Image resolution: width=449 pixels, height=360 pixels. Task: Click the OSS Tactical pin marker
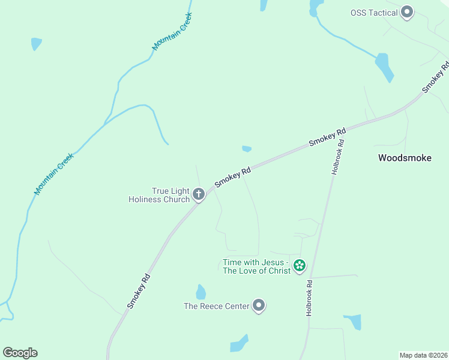coord(408,13)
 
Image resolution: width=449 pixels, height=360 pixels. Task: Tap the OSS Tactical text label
coord(374,13)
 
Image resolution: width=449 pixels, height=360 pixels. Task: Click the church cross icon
coord(199,194)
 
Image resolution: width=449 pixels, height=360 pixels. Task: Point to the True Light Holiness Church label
coord(159,195)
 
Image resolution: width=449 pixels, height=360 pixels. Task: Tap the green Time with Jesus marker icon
coord(300,265)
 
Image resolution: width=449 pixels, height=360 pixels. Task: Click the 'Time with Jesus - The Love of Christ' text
coord(256,266)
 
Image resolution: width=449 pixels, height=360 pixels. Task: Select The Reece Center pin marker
coord(259,306)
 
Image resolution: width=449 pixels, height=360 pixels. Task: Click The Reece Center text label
coord(216,306)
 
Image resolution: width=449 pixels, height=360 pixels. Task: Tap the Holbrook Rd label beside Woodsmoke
coord(340,157)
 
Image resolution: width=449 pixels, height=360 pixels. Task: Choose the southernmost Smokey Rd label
coord(137,292)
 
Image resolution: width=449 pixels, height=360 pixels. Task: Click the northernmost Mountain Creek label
coord(172,31)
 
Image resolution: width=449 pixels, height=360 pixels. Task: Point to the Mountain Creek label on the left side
coord(54,173)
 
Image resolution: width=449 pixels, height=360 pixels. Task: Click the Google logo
coord(20,353)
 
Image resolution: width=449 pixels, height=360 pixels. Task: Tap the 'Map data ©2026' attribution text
coord(423,355)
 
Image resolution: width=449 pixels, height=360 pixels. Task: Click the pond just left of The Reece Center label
coord(200,292)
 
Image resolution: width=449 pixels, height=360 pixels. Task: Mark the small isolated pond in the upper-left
coord(36,44)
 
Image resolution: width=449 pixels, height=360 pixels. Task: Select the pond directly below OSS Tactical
coord(384,67)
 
